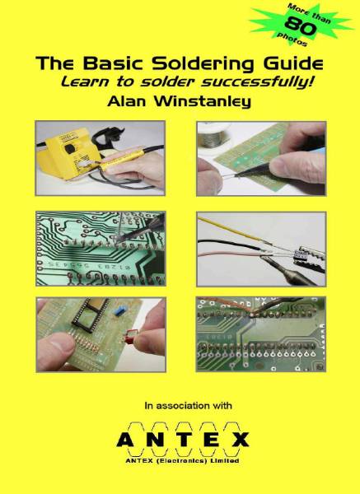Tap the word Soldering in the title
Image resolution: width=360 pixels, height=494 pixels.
click(x=191, y=63)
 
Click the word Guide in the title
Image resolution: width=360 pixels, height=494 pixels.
click(x=292, y=64)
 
